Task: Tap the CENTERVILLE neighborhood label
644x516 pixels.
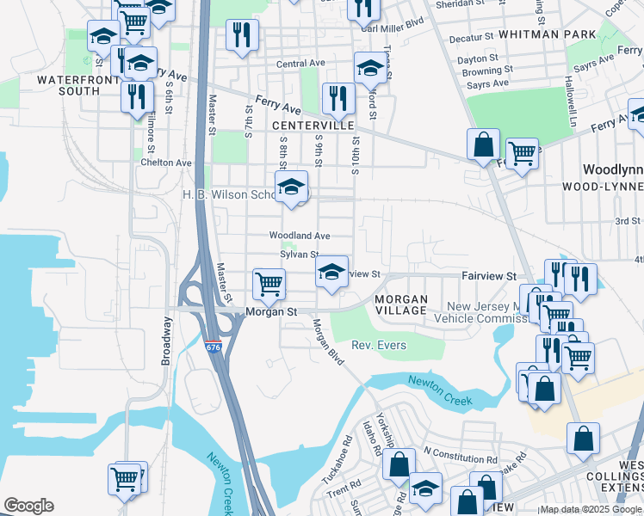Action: pyautogui.click(x=314, y=126)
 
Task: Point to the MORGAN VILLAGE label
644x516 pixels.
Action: pyautogui.click(x=401, y=304)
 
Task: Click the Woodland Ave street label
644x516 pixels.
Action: pyautogui.click(x=300, y=236)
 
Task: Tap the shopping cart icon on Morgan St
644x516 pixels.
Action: pyautogui.click(x=269, y=284)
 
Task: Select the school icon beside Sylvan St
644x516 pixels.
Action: pyautogui.click(x=331, y=272)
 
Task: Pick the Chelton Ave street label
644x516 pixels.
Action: pyautogui.click(x=166, y=163)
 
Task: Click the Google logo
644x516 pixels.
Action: pyautogui.click(x=28, y=506)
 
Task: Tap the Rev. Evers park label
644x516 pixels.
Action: pyautogui.click(x=379, y=346)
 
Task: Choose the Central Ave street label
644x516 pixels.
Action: pyautogui.click(x=300, y=64)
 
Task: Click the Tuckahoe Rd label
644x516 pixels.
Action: pyautogui.click(x=348, y=464)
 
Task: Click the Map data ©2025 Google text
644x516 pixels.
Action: pyautogui.click(x=591, y=509)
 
